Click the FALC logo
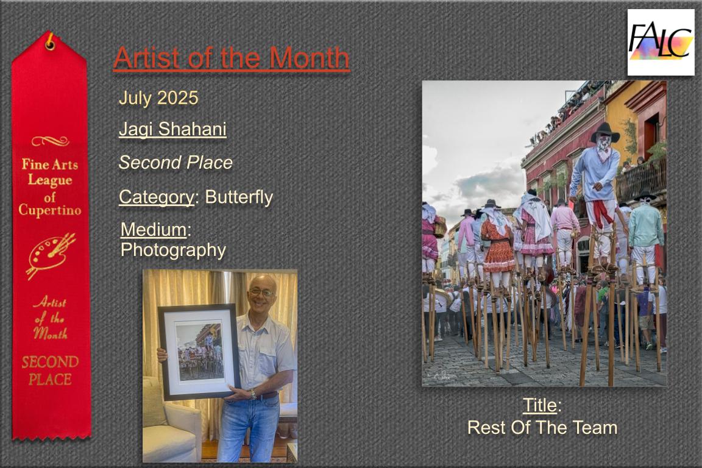[x=661, y=41]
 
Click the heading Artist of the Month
[x=232, y=58]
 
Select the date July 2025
[x=158, y=97]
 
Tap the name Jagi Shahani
[x=173, y=129]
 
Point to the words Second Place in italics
[x=175, y=163]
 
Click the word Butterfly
[x=239, y=197]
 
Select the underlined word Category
[x=156, y=197]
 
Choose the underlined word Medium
[x=154, y=230]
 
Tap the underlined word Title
[x=540, y=405]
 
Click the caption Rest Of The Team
[x=542, y=427]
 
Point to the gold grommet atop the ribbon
[x=50, y=43]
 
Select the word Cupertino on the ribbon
[x=50, y=210]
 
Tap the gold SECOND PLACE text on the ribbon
[x=50, y=371]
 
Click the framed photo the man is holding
[x=199, y=352]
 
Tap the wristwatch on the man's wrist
[x=253, y=394]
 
